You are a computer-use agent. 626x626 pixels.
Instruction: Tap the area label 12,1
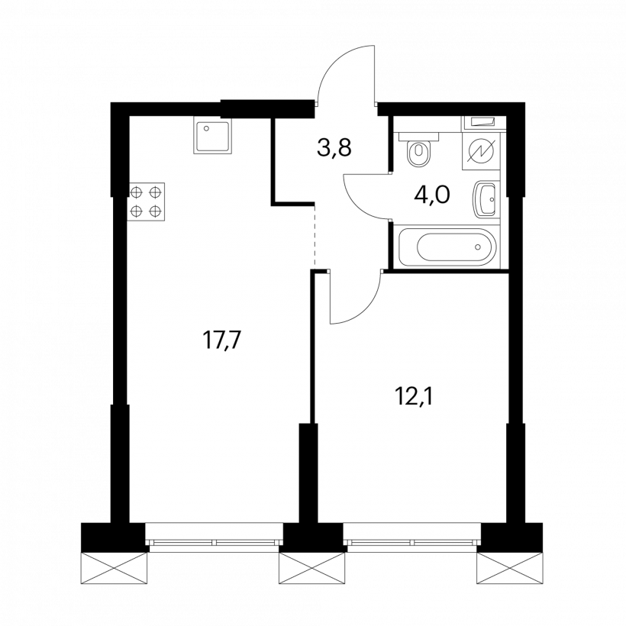click(414, 397)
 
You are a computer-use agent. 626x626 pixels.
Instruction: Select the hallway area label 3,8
click(334, 148)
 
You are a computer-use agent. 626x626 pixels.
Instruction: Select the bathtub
click(447, 247)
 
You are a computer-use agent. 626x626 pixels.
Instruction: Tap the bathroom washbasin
click(486, 198)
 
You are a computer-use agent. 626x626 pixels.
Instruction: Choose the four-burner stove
click(147, 202)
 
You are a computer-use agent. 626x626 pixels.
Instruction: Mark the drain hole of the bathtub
click(478, 247)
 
